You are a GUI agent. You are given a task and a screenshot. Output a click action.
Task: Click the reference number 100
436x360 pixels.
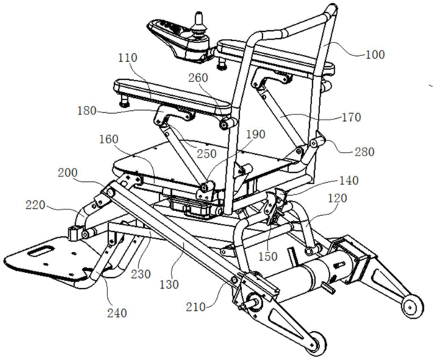pyautogui.click(x=375, y=55)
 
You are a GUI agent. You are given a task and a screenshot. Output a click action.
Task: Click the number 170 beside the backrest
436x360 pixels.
pyautogui.click(x=351, y=117)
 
